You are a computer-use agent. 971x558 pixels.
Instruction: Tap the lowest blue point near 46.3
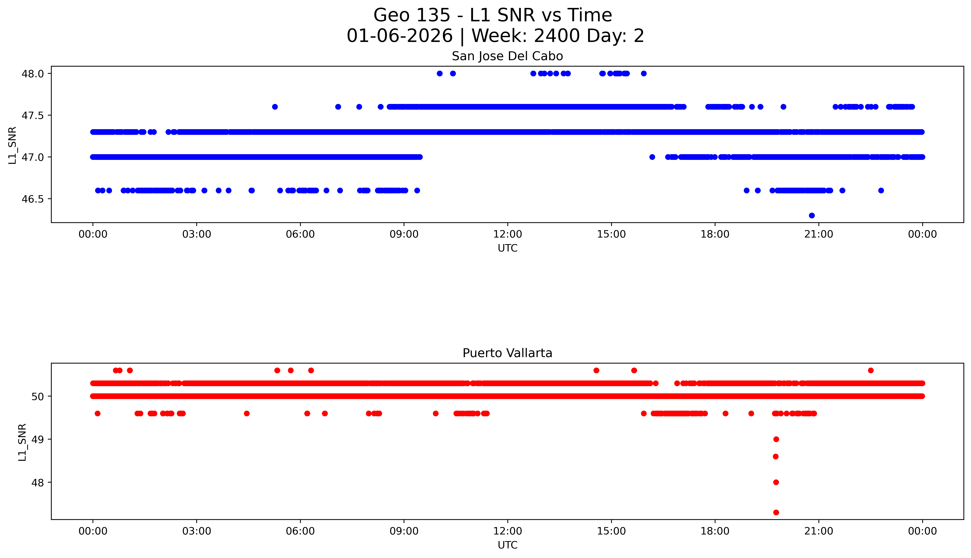coord(812,215)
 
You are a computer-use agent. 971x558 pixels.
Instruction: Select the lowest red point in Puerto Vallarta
coord(776,512)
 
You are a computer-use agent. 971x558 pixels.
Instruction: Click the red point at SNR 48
coord(776,482)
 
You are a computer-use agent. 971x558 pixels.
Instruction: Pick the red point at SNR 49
coord(776,439)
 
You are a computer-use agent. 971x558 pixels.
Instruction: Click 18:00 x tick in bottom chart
coord(715,531)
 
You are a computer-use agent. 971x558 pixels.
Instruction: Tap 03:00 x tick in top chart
coord(197,234)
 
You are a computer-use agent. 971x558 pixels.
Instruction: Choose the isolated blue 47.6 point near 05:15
coord(275,107)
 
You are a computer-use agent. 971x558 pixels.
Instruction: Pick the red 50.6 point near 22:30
coord(871,370)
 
